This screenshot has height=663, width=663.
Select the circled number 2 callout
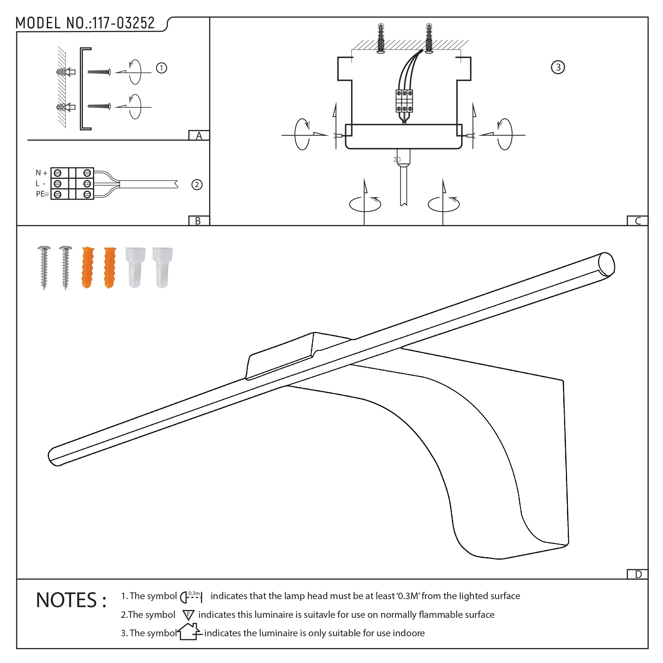click(197, 185)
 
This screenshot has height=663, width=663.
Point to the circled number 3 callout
click(558, 67)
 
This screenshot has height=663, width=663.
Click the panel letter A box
click(199, 136)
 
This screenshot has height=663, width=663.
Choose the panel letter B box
click(198, 221)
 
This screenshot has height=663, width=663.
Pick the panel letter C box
click(638, 221)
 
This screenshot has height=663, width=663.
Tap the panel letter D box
click(638, 575)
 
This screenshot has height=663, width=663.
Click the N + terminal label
click(41, 173)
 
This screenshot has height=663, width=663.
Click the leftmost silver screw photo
click(44, 267)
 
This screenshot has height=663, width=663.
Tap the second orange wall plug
click(110, 267)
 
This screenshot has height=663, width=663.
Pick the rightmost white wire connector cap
click(162, 267)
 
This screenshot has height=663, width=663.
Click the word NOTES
click(67, 600)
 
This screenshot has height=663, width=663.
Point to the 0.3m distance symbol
click(191, 597)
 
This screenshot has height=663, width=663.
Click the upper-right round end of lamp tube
click(606, 264)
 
